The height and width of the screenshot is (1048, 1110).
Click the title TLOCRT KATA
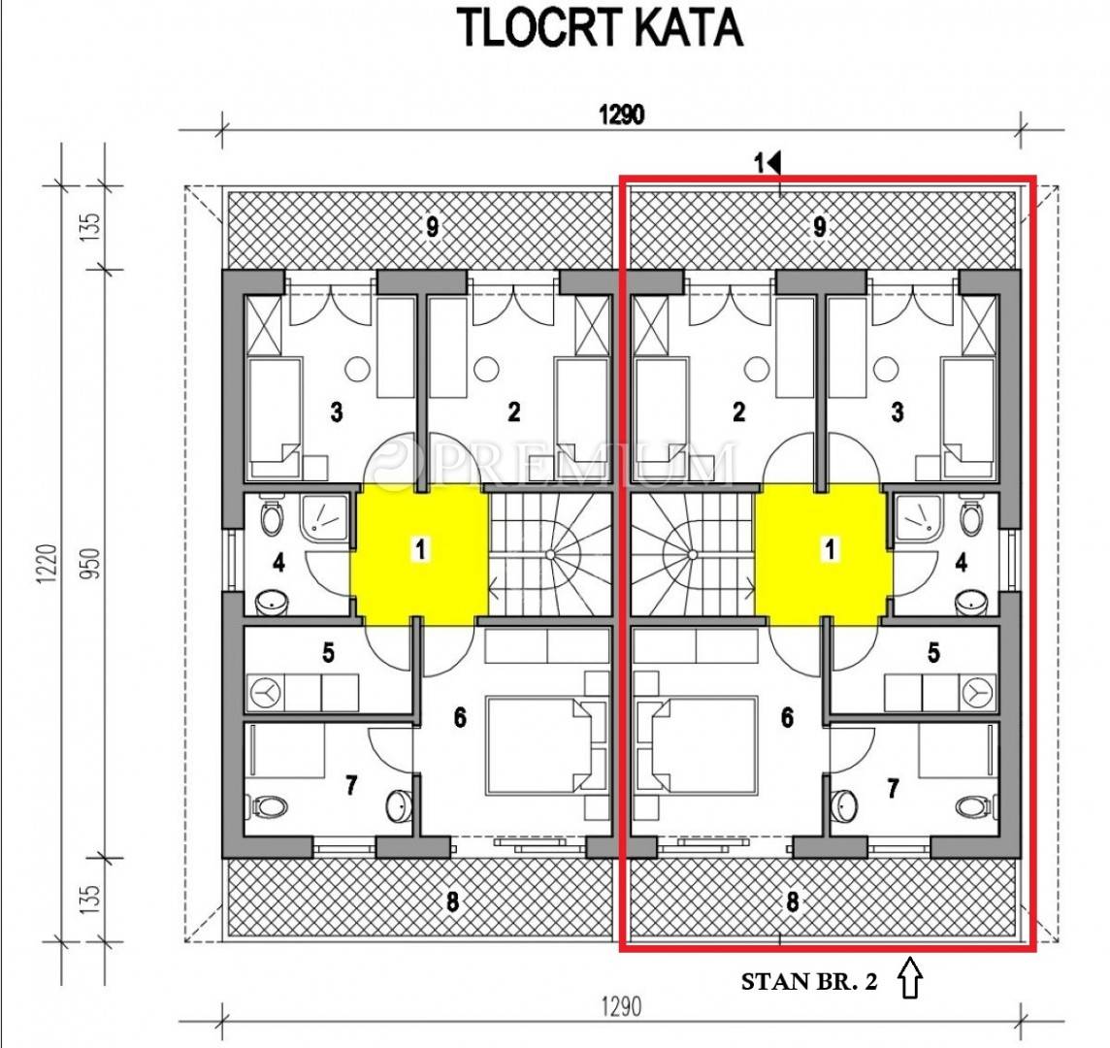[603, 28]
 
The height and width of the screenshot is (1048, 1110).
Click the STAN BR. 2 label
[809, 981]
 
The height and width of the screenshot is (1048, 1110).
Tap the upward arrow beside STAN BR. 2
[910, 978]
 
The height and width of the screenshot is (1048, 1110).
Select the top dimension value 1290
[622, 114]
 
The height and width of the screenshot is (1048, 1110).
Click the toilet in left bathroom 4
[271, 517]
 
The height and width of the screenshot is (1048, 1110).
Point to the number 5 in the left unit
[328, 652]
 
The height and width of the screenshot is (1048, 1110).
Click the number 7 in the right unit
[893, 787]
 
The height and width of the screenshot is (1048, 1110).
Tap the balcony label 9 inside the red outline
[820, 227]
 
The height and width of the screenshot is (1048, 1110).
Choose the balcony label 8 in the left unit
[452, 901]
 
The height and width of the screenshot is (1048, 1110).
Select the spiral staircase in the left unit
[550, 555]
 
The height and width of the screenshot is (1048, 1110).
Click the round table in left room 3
[358, 369]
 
